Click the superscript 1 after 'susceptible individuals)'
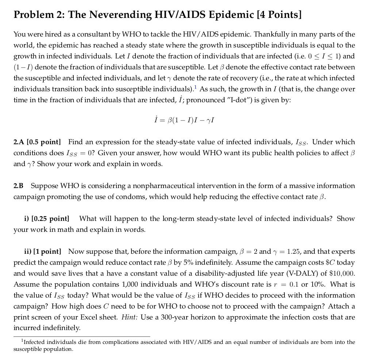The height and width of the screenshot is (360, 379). pos(196,88)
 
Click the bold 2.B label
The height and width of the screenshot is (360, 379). pos(19,186)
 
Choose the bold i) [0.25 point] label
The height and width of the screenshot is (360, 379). pos(46,219)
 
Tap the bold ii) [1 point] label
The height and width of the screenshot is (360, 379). pos(43,252)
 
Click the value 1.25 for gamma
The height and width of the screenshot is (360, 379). pos(293,252)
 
